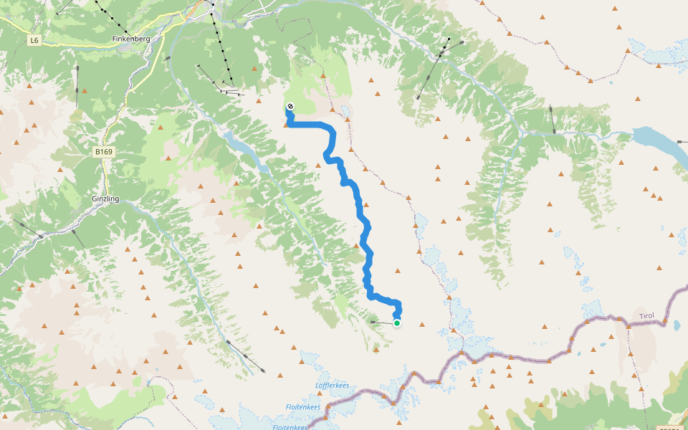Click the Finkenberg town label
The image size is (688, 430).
point(131,39)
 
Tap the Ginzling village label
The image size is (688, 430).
point(105,200)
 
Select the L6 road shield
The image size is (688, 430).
point(34,41)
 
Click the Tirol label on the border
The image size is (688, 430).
point(648,316)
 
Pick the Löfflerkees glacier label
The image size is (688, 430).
point(332,386)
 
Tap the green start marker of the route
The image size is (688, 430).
point(396,323)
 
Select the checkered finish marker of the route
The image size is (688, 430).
point(290,107)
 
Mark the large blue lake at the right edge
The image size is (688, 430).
point(659,143)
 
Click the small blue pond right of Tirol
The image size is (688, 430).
point(676,324)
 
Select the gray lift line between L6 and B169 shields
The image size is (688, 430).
point(77,86)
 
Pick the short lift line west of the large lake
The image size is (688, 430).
point(552,119)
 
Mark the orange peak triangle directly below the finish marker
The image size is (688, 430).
point(287,124)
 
